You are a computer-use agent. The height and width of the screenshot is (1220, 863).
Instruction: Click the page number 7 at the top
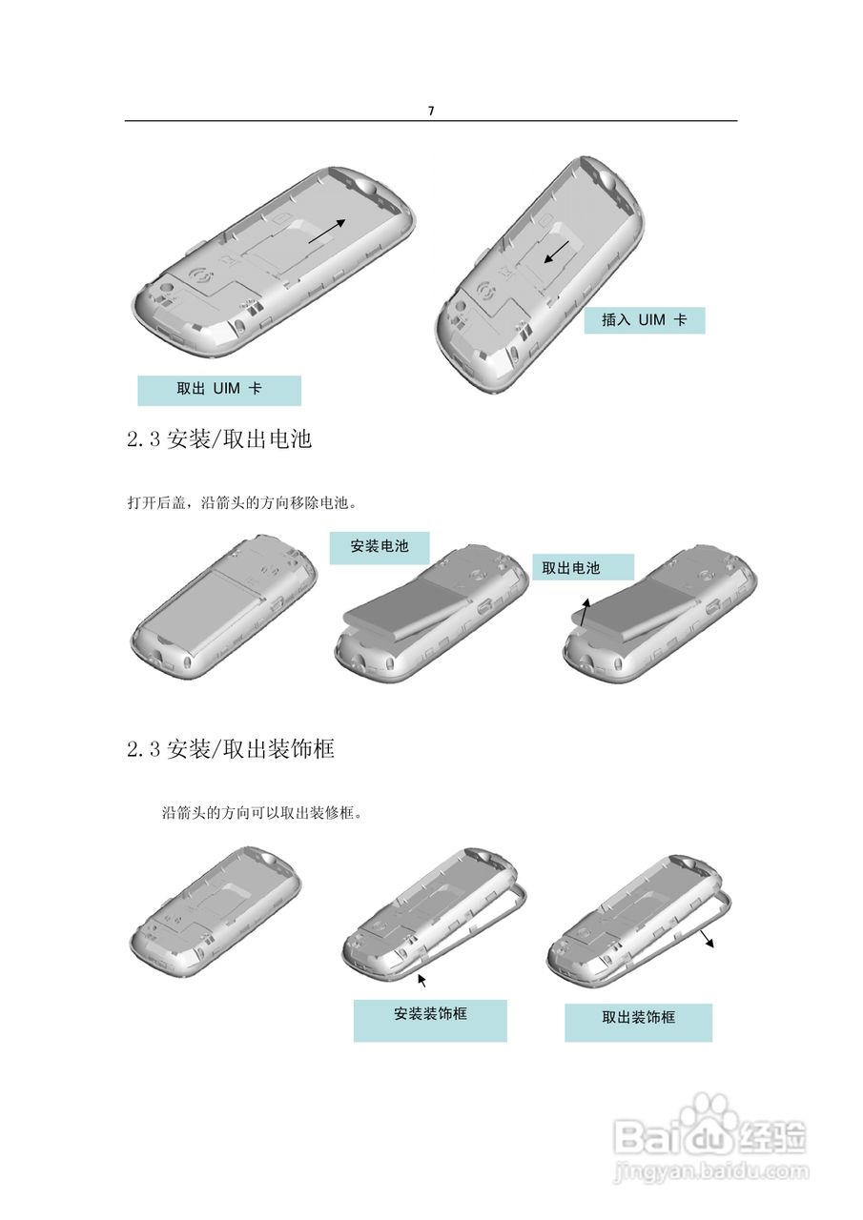(x=431, y=111)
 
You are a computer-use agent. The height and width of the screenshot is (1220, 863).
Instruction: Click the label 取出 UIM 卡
(x=219, y=390)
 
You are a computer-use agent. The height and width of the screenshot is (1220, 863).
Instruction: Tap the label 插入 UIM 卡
(x=644, y=320)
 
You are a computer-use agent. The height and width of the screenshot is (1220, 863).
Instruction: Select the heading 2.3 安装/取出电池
(x=219, y=439)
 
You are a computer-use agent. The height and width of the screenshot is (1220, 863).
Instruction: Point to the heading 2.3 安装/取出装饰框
(x=231, y=749)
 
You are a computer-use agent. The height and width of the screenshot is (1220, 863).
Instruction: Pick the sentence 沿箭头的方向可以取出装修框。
(x=266, y=814)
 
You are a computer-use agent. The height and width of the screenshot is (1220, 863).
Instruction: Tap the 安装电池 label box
(x=380, y=547)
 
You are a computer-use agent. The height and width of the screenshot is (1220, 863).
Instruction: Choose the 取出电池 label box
(x=582, y=568)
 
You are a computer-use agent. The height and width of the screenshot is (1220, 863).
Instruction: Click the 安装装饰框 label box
(x=430, y=1019)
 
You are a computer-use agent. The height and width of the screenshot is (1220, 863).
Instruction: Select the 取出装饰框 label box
(x=638, y=1021)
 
